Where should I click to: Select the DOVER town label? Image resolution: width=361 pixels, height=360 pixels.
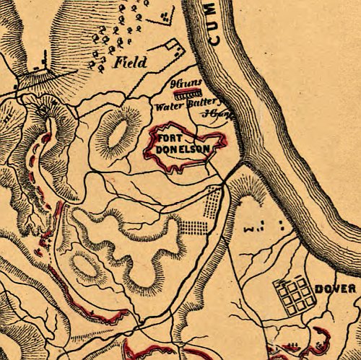(x=335, y=289)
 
